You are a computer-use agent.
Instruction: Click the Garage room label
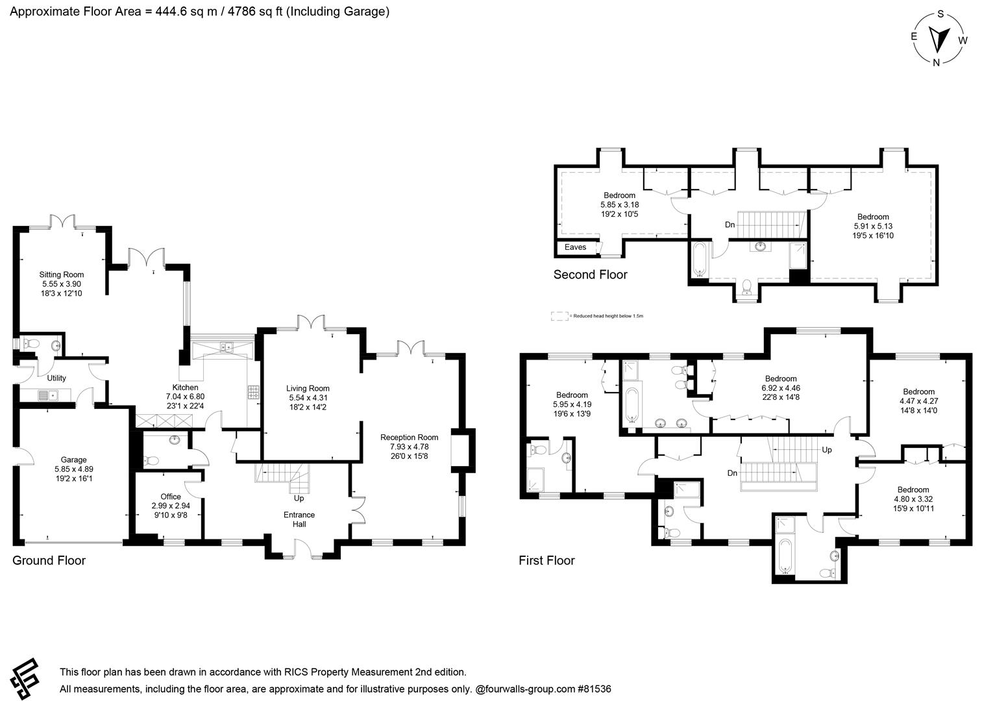point(73,460)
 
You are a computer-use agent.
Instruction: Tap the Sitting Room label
point(62,275)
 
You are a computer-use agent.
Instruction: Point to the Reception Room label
point(409,437)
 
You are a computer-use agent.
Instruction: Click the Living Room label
point(308,389)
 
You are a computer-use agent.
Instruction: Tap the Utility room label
point(56,378)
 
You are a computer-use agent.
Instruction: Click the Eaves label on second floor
point(575,247)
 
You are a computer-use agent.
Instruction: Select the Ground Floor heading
point(49,560)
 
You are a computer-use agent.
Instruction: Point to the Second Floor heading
point(590,275)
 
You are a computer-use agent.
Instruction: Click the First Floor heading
point(546,560)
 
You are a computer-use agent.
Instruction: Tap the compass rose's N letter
point(936,62)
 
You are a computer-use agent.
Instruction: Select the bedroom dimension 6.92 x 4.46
point(780,387)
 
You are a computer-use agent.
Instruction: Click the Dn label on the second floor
point(730,225)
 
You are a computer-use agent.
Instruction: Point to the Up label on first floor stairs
point(826,450)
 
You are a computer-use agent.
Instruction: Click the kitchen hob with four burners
point(252,392)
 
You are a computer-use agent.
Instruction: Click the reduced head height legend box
point(559,316)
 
